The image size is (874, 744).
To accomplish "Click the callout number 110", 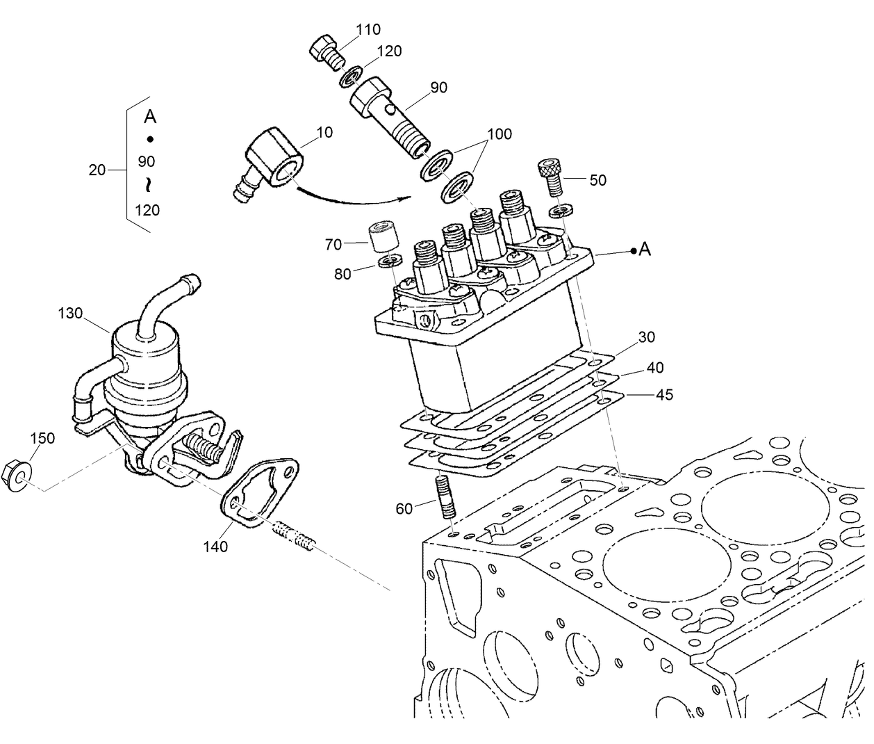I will click(368, 29).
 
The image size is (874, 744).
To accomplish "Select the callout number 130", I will click(69, 314).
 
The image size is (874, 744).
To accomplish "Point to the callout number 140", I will click(215, 547).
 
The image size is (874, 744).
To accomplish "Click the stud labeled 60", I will click(445, 497).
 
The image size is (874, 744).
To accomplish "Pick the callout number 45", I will click(665, 395).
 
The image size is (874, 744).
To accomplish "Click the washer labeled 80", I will click(389, 262).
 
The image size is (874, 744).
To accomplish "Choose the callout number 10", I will click(324, 132).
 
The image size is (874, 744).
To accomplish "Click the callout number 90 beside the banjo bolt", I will click(438, 88).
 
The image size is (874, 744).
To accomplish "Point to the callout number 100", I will click(500, 134).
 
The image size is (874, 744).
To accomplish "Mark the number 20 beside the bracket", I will click(97, 169).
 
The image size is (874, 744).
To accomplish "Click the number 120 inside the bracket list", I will click(147, 210).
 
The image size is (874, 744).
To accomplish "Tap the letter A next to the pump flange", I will click(645, 249).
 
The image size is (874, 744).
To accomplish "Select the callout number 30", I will click(647, 337).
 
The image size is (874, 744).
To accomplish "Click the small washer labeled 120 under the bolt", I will click(350, 75).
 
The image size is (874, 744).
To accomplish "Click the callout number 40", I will click(655, 368).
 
